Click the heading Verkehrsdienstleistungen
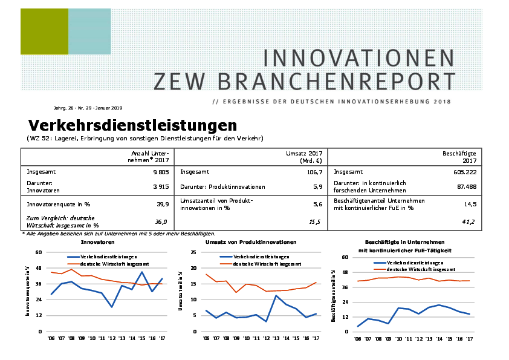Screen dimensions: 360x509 [132, 125]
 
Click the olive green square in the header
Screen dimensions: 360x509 [44, 31]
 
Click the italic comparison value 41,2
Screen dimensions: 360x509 [468, 222]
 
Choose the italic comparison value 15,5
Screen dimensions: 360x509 [314, 222]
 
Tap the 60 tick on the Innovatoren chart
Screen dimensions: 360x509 [39, 252]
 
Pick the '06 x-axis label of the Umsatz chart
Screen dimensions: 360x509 [206, 339]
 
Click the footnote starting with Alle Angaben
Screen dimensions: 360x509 [118, 234]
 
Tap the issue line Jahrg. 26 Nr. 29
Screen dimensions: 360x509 [88, 108]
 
